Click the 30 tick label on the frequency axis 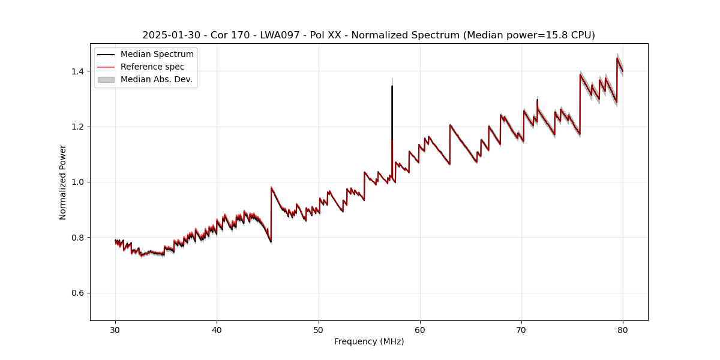pyautogui.click(x=116, y=329)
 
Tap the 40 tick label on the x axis pyautogui.click(x=217, y=329)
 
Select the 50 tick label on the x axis pyautogui.click(x=319, y=329)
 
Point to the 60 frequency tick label pyautogui.click(x=420, y=329)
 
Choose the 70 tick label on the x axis pyautogui.click(x=521, y=329)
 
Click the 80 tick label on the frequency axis pyautogui.click(x=623, y=329)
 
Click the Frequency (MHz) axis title pyautogui.click(x=369, y=341)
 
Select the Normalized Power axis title pyautogui.click(x=63, y=182)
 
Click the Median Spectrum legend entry pyautogui.click(x=157, y=55)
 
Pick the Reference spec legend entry pyautogui.click(x=152, y=67)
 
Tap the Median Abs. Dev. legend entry pyautogui.click(x=156, y=79)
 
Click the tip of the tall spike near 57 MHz pyautogui.click(x=392, y=86)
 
